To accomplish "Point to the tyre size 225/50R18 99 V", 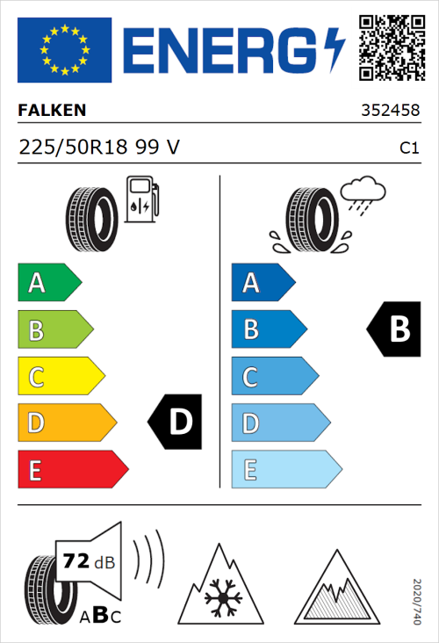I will click(99, 148).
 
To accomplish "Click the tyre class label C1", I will click(408, 148).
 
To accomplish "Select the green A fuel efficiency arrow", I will click(48, 283).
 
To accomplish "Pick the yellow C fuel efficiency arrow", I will click(60, 377).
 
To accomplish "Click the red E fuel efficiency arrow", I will click(72, 470).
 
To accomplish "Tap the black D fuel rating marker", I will click(175, 423).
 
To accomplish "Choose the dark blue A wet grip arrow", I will click(263, 283).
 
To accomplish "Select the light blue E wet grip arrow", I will click(285, 470).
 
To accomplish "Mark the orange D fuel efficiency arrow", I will click(66, 423).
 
